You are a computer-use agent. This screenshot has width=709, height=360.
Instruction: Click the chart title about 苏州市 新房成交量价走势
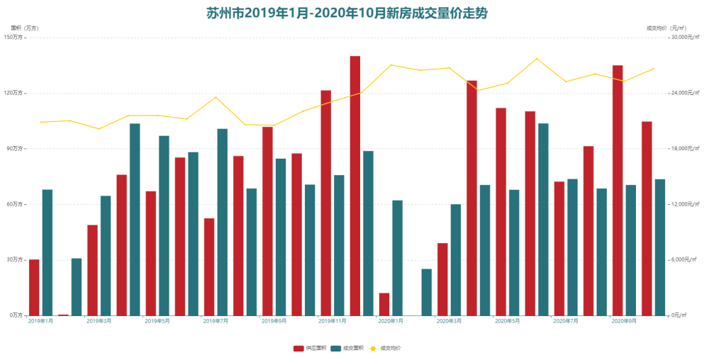(x=347, y=13)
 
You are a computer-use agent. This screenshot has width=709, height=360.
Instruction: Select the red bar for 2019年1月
(x=34, y=287)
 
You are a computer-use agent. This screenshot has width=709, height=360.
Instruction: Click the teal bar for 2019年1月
(x=48, y=252)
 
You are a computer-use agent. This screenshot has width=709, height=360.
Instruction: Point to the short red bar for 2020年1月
(x=384, y=304)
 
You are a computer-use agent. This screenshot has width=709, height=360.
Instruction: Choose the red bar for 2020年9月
(x=618, y=190)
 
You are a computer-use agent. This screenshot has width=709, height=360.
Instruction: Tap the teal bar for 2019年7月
(x=223, y=222)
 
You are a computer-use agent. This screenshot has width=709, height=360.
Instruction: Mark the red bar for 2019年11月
(x=326, y=203)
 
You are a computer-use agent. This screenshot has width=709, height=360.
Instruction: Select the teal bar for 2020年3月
(x=456, y=259)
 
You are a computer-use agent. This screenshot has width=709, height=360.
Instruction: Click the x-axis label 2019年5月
(x=157, y=321)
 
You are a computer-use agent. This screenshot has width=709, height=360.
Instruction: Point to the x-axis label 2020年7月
(x=565, y=321)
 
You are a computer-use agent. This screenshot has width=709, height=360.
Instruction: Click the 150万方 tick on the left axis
(x=14, y=37)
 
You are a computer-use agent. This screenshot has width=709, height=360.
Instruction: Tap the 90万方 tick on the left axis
(x=15, y=148)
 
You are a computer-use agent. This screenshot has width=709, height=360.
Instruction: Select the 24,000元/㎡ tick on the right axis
(x=686, y=93)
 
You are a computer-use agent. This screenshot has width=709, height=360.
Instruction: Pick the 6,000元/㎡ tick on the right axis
(x=685, y=259)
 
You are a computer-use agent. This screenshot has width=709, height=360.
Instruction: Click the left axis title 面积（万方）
(x=25, y=28)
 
